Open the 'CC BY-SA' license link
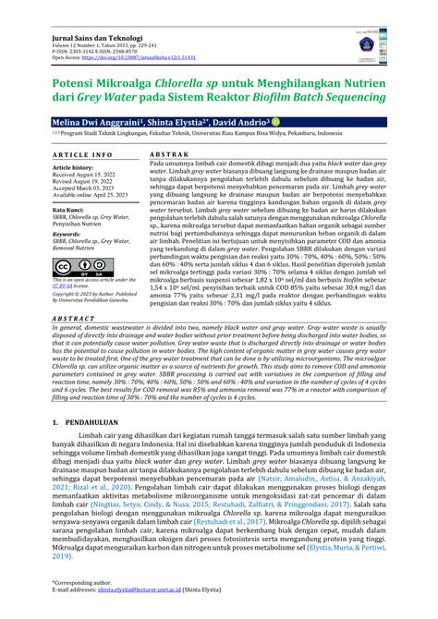[67, 286]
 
